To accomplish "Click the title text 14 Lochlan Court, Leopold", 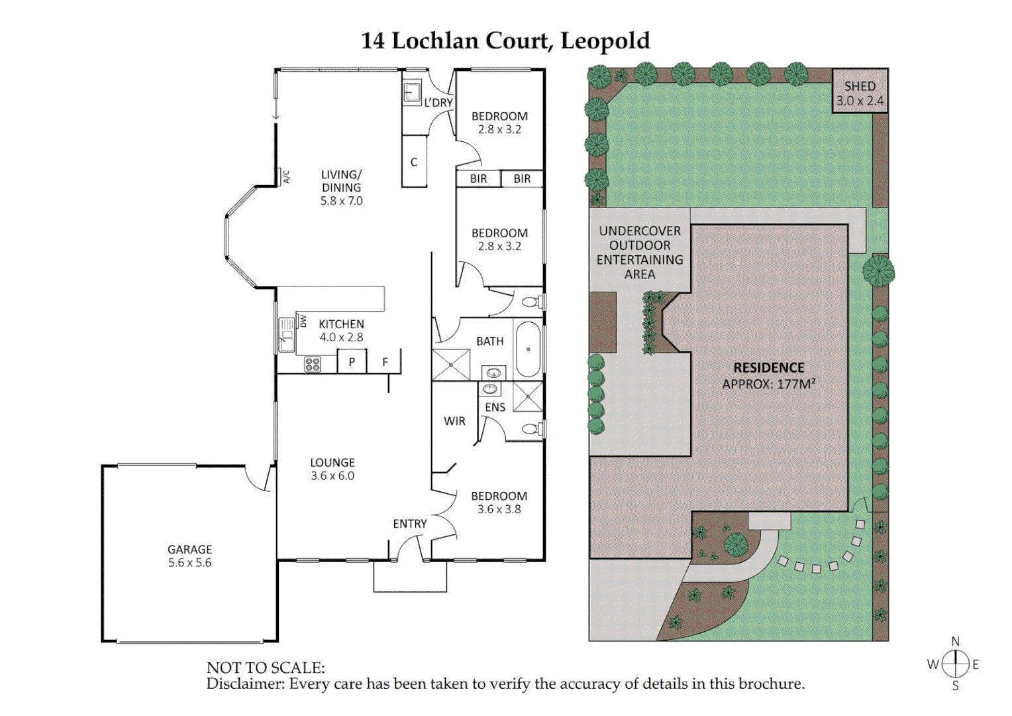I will [505, 41].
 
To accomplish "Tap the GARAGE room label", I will [189, 550].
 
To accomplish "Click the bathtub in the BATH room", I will [528, 349].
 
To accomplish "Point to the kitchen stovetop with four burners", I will [312, 364].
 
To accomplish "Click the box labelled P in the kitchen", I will [352, 362].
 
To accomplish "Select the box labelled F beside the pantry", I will [385, 362].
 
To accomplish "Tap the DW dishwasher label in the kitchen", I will [303, 322].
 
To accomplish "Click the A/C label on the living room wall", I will [286, 177].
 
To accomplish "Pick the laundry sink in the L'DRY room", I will [413, 92].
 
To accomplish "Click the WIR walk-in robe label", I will [454, 421].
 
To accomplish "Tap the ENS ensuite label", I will [495, 407].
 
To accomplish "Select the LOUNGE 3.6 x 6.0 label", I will [332, 469].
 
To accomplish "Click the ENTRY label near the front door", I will [410, 524].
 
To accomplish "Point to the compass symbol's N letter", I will [955, 641].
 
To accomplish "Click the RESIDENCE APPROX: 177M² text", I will [768, 376].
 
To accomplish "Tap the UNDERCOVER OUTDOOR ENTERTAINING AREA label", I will [640, 253].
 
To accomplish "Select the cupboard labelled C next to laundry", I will [414, 162].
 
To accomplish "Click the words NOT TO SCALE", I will [266, 668].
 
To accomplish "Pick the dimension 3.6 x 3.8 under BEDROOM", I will [499, 509].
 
